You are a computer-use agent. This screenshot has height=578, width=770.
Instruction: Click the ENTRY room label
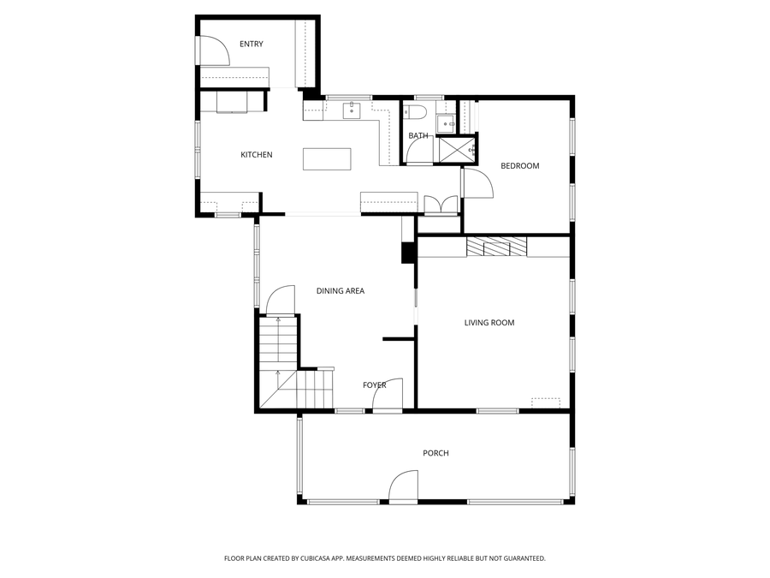tap(252, 45)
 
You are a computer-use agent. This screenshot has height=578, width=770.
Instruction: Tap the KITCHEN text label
tap(256, 155)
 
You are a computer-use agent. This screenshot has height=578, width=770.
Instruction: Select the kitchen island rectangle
tap(327, 159)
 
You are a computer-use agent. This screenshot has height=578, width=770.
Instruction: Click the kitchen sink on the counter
tap(351, 110)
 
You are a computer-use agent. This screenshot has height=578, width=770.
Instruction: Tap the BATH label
tap(418, 136)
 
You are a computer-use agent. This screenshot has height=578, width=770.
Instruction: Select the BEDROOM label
tap(519, 166)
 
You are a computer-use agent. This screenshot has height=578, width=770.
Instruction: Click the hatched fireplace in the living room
tap(496, 247)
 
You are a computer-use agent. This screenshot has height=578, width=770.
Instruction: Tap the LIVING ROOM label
tap(489, 323)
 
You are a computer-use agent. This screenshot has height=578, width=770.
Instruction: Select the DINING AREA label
tap(341, 291)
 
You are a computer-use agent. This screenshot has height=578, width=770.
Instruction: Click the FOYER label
tap(375, 385)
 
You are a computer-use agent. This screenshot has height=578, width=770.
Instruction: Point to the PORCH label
tap(435, 453)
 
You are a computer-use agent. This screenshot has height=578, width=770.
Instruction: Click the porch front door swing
tap(403, 487)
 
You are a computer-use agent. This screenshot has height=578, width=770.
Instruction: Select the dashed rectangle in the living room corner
tap(545, 402)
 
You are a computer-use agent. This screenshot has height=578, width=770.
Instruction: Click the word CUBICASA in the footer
tap(310, 558)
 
